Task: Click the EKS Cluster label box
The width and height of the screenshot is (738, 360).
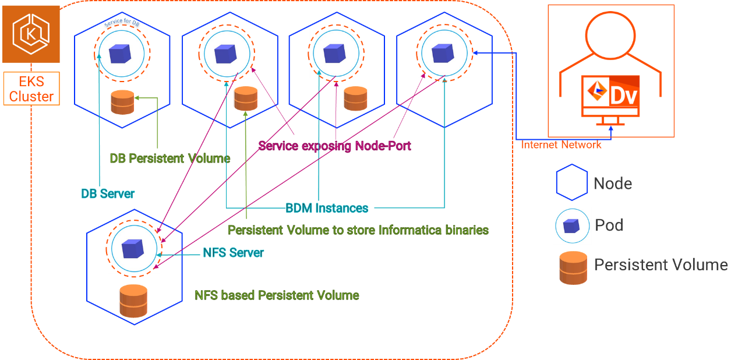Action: tap(31, 89)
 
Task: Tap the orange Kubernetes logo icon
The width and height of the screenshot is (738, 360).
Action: tap(31, 34)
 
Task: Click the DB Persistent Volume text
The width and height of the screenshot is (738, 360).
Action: tap(170, 158)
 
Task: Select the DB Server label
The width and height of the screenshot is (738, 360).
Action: tap(108, 194)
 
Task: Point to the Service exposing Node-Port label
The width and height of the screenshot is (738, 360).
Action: tap(334, 146)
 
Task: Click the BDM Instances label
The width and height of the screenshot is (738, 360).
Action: tap(327, 208)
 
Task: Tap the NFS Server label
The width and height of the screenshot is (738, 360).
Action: tap(233, 253)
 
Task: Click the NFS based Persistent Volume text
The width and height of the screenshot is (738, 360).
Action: tap(277, 295)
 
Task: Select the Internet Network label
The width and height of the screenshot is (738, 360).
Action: tap(561, 145)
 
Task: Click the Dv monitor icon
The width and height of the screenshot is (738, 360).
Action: tap(611, 96)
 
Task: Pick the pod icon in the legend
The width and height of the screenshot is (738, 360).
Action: tap(572, 225)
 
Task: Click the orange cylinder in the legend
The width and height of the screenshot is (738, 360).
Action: tap(573, 267)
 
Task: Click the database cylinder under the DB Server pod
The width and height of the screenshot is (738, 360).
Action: tap(122, 103)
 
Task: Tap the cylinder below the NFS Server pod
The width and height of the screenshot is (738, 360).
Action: tap(133, 301)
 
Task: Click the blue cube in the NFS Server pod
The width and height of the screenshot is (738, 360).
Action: tap(132, 249)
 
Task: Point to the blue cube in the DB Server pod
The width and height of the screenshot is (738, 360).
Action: tap(121, 53)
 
